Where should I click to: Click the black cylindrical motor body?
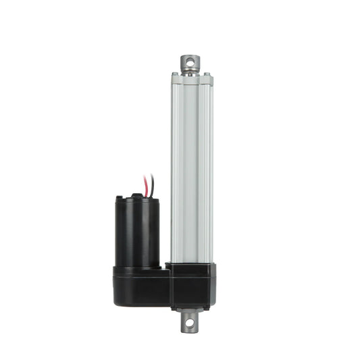click(x=137, y=230)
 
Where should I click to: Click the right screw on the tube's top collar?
click(x=206, y=76)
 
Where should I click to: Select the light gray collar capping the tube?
click(x=191, y=80)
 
